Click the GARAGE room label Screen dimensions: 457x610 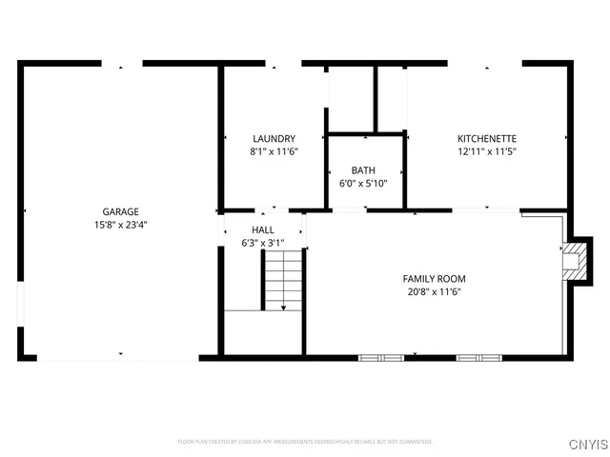point(121,211)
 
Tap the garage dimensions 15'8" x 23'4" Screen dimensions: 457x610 point(121,226)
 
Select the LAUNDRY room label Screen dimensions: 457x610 point(274,138)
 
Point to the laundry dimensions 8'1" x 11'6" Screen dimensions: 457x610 point(274,151)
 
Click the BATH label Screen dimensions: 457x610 point(363,170)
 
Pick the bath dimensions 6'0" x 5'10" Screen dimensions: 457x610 point(363,184)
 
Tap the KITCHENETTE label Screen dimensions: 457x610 point(486,138)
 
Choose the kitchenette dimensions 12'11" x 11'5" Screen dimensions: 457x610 point(486,151)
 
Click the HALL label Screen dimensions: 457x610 point(263,230)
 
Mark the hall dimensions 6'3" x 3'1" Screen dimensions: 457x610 point(263,244)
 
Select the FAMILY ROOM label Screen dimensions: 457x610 point(434,278)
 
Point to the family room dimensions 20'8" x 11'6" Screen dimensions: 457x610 point(434,292)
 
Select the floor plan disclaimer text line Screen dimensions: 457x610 point(305,442)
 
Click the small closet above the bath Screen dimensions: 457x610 point(351,100)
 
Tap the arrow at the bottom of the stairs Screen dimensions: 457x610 point(283,307)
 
